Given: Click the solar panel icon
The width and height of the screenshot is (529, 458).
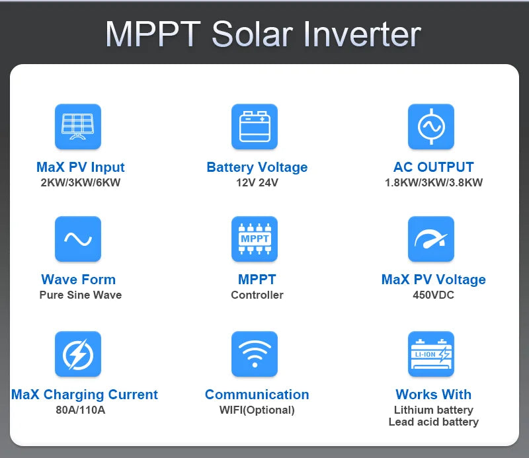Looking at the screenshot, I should click(78, 126).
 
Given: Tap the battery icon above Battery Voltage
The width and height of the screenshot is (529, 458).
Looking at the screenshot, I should click(255, 126).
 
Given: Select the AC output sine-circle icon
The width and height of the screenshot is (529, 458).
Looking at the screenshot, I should click(431, 126).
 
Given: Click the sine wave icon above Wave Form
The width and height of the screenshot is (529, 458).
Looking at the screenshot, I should click(78, 239).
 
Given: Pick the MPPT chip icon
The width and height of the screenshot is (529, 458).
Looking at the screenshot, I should click(255, 239).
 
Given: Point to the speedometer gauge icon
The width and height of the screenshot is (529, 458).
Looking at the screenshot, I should click(431, 239).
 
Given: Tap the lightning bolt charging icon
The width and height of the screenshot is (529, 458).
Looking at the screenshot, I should click(78, 354).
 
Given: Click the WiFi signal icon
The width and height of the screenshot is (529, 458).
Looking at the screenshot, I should click(255, 354).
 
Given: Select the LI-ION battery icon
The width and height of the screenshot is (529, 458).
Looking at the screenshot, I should click(431, 354).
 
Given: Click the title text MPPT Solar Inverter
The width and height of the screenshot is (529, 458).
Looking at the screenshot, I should click(263, 34).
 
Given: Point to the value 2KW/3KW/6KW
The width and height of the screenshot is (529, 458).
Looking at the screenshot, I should click(81, 183).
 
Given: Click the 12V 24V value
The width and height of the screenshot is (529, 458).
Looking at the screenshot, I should click(257, 183).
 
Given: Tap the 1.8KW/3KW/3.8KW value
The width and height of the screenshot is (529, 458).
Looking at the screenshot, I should click(434, 183).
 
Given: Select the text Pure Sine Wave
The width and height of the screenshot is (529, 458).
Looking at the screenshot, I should click(81, 295).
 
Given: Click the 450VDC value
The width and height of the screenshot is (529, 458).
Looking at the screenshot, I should click(434, 295).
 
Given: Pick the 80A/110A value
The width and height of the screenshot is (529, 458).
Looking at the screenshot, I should click(81, 410).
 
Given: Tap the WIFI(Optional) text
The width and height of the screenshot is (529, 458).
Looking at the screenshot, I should click(257, 410).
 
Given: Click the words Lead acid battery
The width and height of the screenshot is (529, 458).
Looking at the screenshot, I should click(434, 422).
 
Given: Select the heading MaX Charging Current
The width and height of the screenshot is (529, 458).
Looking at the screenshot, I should click(85, 395).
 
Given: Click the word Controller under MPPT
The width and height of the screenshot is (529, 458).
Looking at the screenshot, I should click(257, 295).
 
